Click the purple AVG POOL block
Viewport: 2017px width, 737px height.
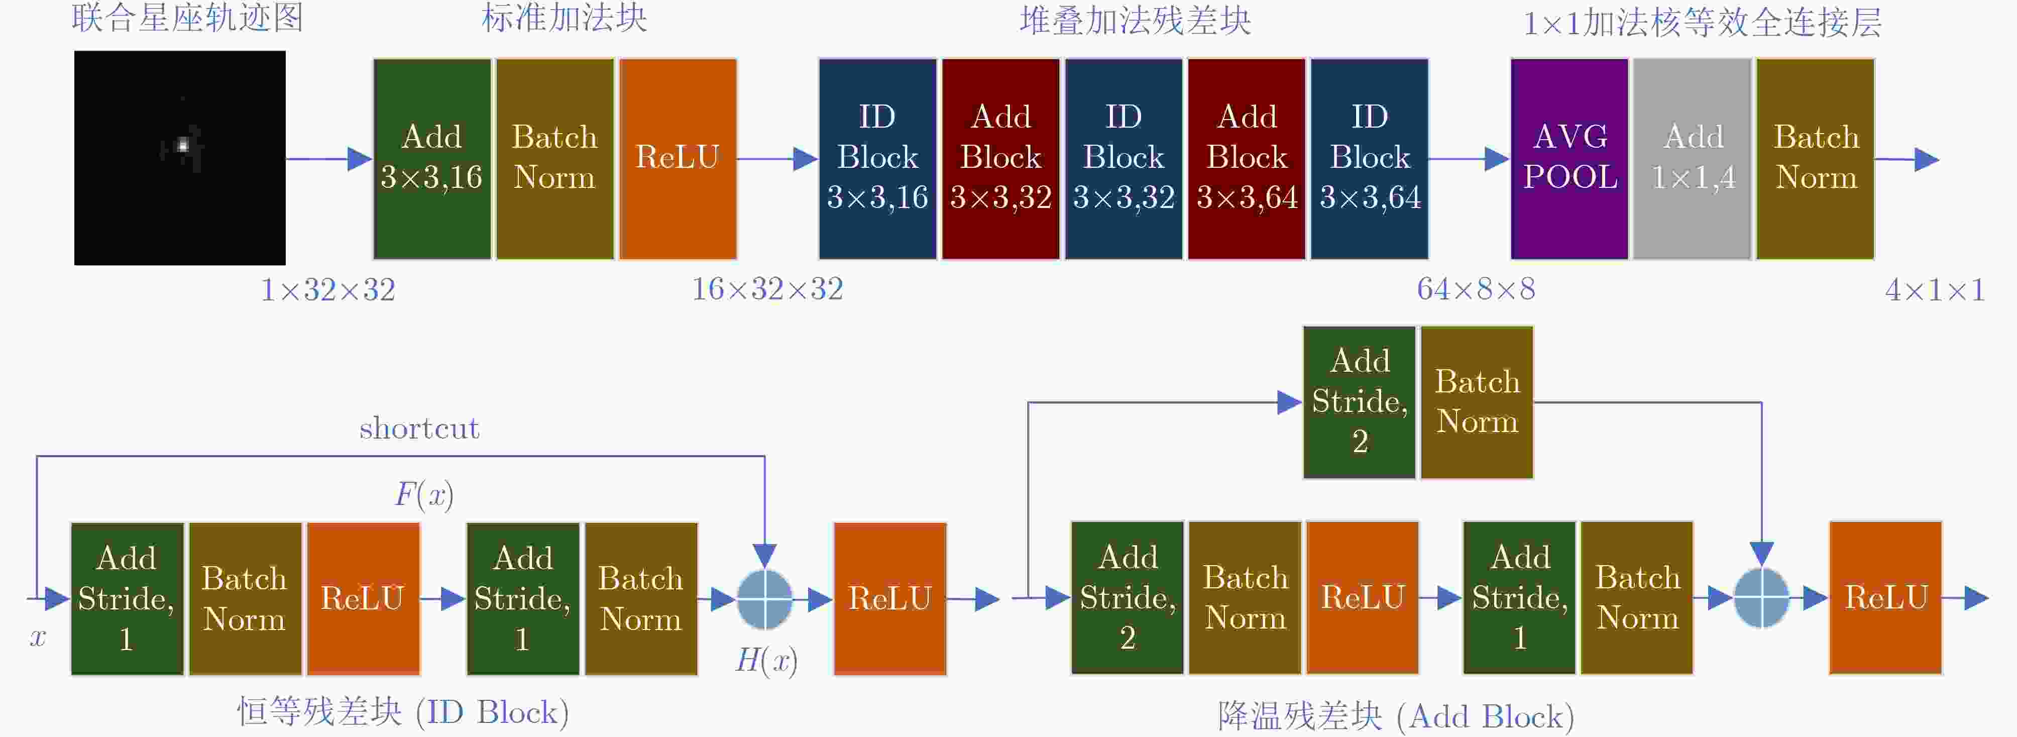(1569, 158)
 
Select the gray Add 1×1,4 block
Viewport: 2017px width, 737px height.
(1692, 158)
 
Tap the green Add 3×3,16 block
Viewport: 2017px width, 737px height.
(432, 158)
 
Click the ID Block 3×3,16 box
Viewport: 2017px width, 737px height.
(878, 158)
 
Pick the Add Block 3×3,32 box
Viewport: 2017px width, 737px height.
(1000, 158)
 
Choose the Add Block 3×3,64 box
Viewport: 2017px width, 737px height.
(1247, 158)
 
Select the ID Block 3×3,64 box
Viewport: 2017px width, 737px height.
(1370, 158)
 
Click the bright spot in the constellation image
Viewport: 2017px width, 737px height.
(183, 145)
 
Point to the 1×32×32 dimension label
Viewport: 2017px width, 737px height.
(328, 290)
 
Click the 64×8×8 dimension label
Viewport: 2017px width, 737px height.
(1476, 289)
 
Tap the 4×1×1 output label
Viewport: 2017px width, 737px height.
(1935, 290)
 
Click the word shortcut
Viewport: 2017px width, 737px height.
(419, 429)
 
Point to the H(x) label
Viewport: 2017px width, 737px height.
(766, 660)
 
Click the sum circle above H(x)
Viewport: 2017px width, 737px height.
(765, 599)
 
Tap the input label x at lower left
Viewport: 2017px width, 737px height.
(38, 637)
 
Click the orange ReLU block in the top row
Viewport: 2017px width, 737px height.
(678, 158)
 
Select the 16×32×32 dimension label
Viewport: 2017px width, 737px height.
(767, 289)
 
